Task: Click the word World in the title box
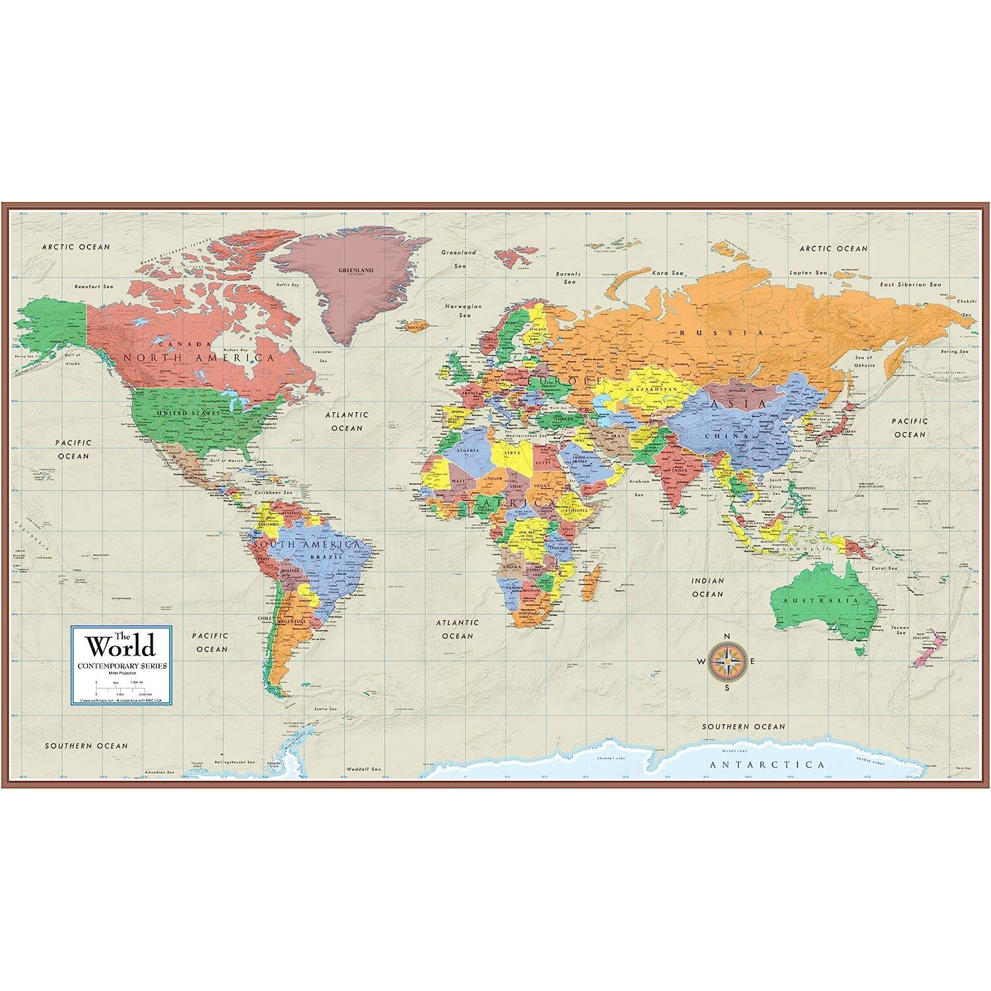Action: [122, 645]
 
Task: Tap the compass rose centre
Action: [727, 661]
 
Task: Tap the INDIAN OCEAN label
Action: [708, 587]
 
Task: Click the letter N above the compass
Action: [727, 636]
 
